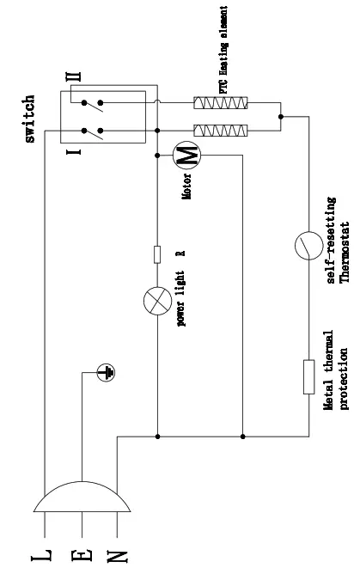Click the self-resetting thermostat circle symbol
[x=307, y=246]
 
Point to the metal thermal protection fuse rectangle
[x=308, y=376]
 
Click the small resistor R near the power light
[x=157, y=253]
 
